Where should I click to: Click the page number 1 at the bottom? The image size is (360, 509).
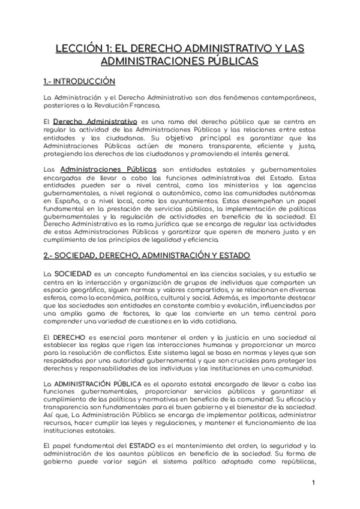pos(314,484)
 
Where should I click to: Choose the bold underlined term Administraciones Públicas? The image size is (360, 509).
pos(109,170)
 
